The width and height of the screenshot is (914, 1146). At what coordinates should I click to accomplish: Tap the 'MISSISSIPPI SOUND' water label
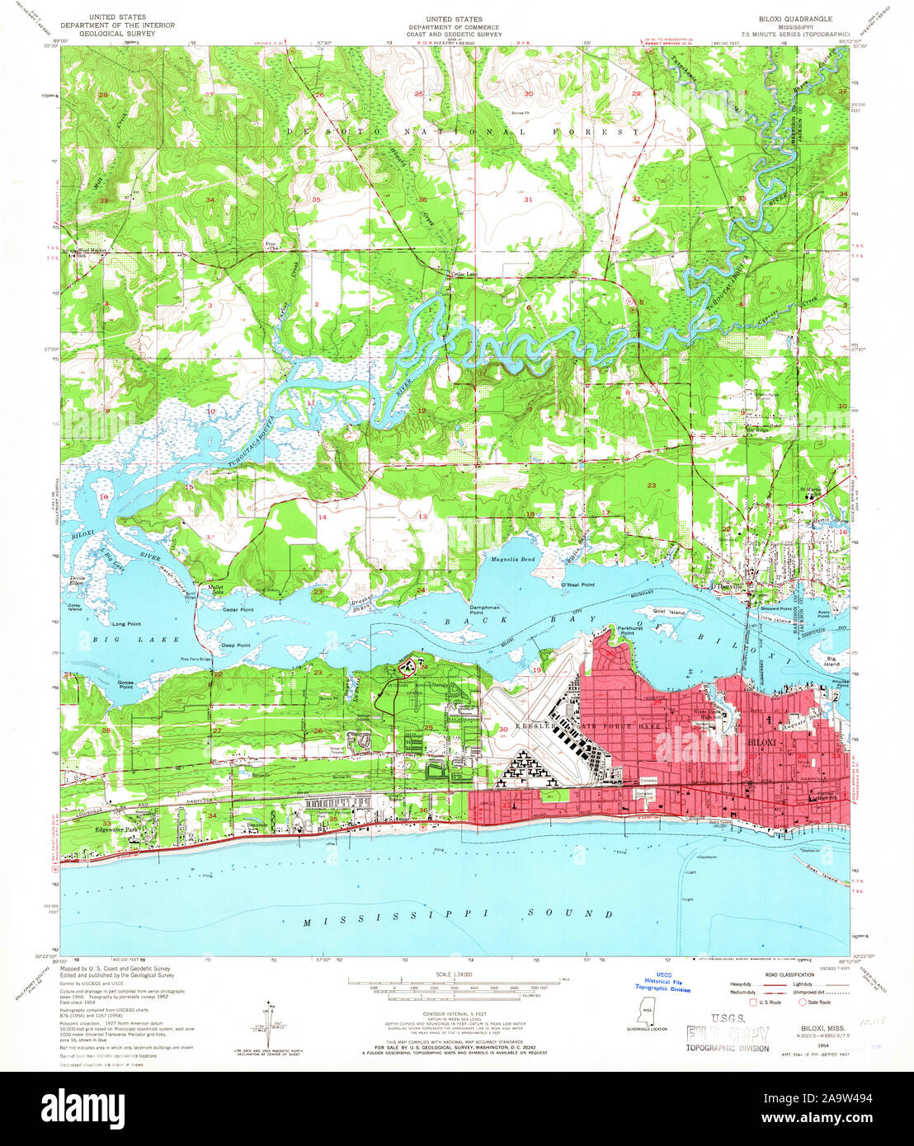458,914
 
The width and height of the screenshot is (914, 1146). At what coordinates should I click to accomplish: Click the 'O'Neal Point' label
578,584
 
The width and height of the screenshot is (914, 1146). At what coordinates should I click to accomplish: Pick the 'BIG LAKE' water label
112,639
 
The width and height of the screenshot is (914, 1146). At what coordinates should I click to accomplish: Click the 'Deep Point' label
235,645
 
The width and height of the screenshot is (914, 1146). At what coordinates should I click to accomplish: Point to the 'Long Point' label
127,624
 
